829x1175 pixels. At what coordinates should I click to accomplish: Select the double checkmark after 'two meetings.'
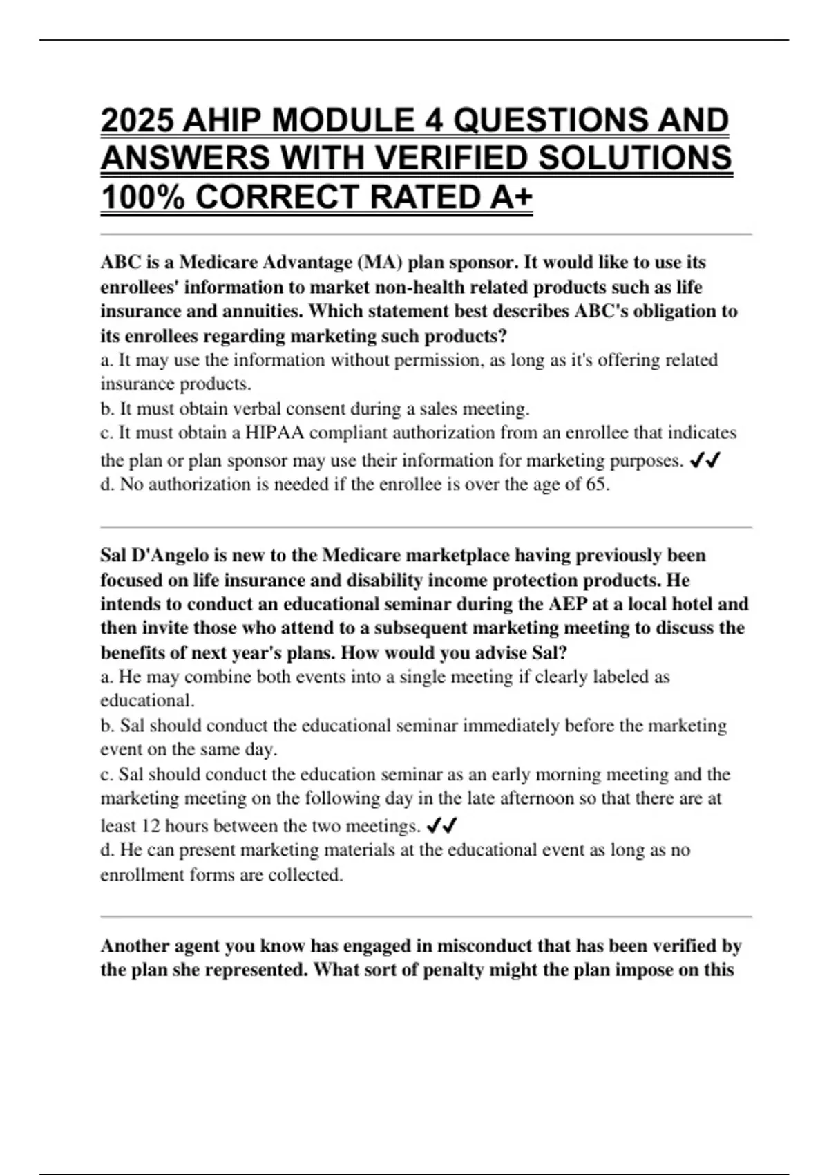(x=443, y=825)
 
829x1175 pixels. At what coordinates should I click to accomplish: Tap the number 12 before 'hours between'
(x=151, y=826)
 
